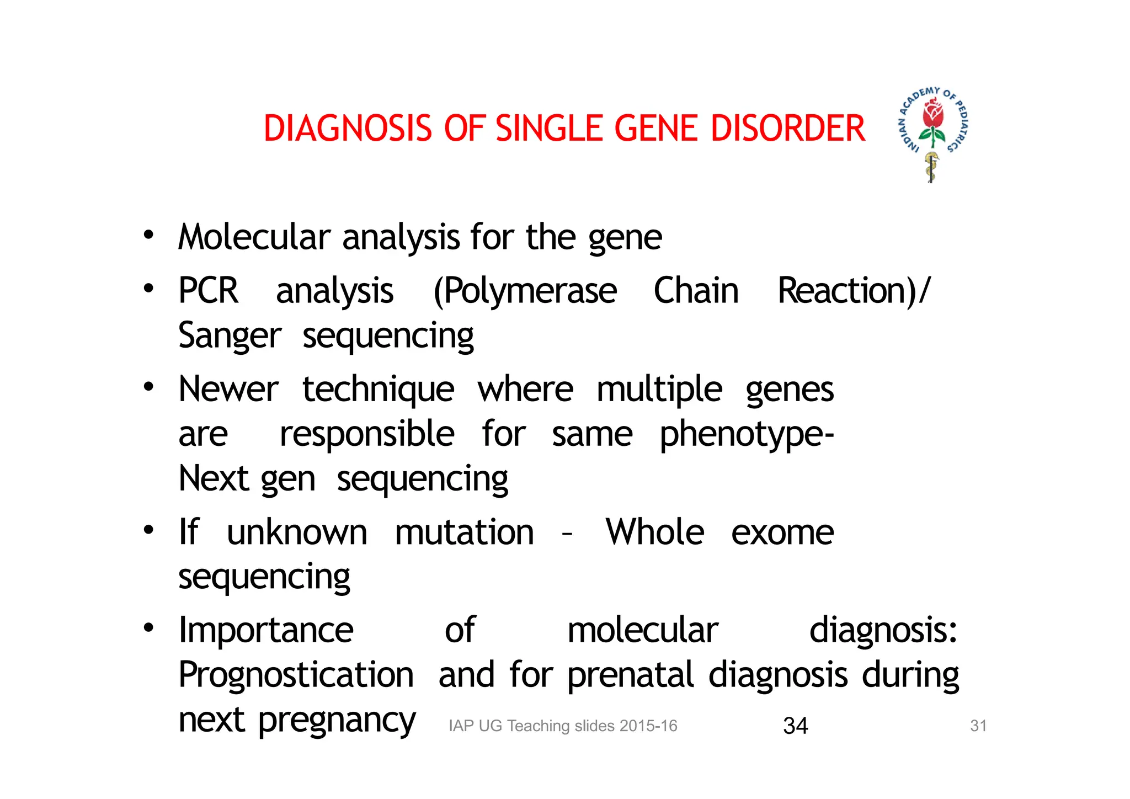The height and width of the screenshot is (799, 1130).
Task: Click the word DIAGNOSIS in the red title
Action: (348, 129)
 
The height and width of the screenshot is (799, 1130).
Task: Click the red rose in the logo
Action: (933, 115)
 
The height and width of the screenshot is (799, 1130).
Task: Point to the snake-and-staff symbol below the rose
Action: (931, 167)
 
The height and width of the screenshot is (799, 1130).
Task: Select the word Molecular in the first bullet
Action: (254, 237)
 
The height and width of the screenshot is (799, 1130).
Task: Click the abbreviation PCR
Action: (208, 291)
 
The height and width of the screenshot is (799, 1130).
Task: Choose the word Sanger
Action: (230, 336)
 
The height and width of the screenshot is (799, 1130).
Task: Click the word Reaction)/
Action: (853, 291)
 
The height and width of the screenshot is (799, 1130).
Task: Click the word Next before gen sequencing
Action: (214, 478)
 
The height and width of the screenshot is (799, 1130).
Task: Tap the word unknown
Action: (297, 532)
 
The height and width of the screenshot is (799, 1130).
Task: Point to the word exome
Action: (782, 532)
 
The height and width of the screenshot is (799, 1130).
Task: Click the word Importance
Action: (266, 630)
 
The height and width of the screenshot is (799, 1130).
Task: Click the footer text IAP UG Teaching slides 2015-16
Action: (563, 726)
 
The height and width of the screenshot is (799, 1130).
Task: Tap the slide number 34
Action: (795, 726)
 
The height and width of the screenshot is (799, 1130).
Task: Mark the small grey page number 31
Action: (978, 726)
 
